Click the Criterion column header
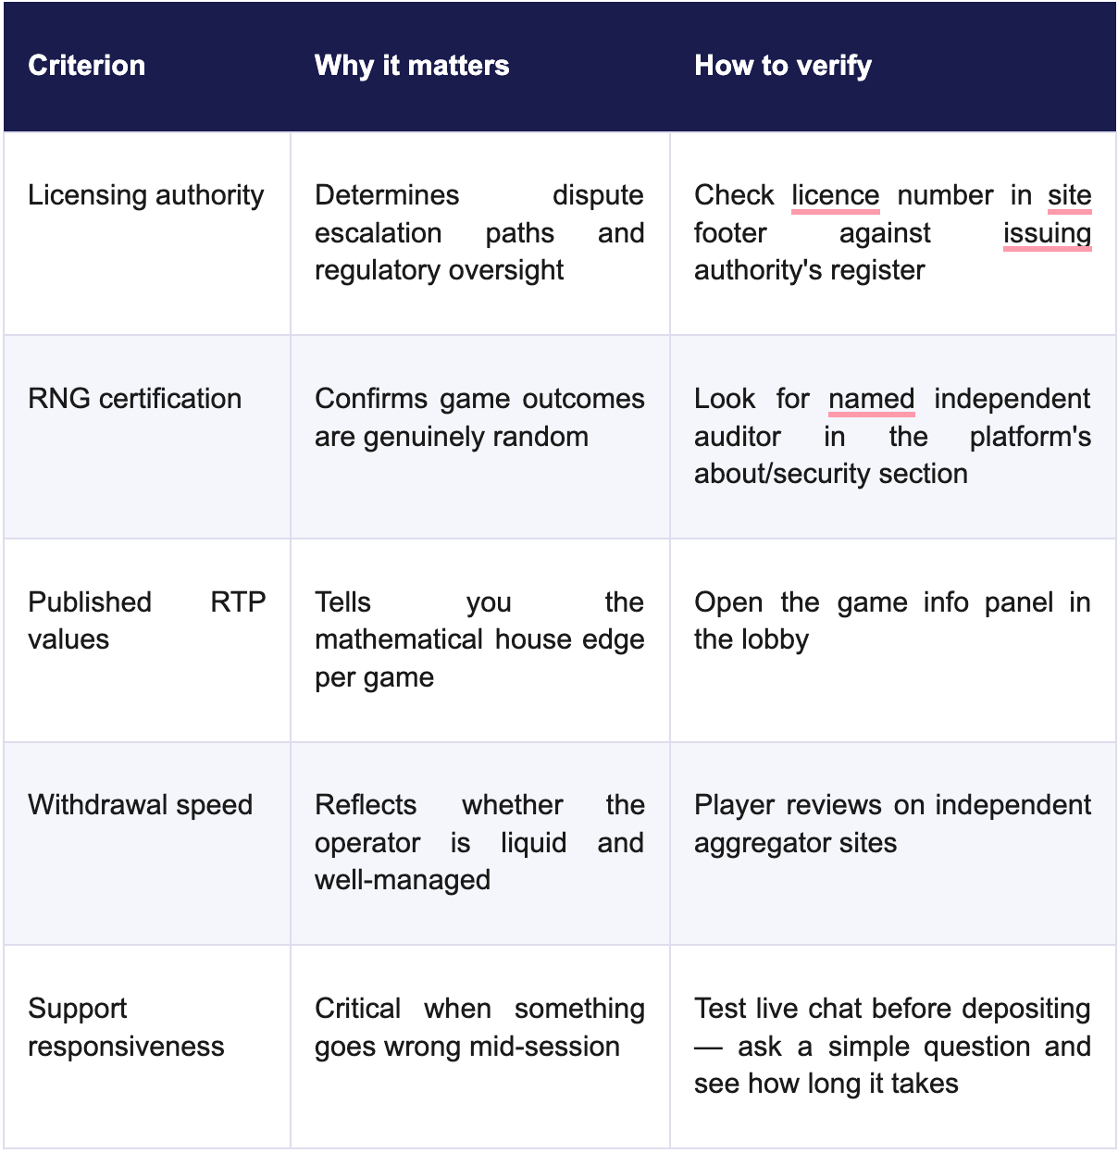tap(86, 65)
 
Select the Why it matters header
tap(412, 65)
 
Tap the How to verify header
tap(783, 66)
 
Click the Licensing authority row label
tap(145, 196)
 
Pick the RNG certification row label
tap(134, 399)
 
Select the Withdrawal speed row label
tap(141, 806)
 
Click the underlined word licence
tap(836, 195)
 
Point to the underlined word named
tap(872, 399)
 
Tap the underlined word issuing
tap(1048, 234)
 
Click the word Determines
tap(387, 195)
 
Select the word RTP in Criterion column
tap(238, 602)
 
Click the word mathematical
tap(399, 640)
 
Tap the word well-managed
tap(403, 880)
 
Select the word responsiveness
tap(126, 1047)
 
